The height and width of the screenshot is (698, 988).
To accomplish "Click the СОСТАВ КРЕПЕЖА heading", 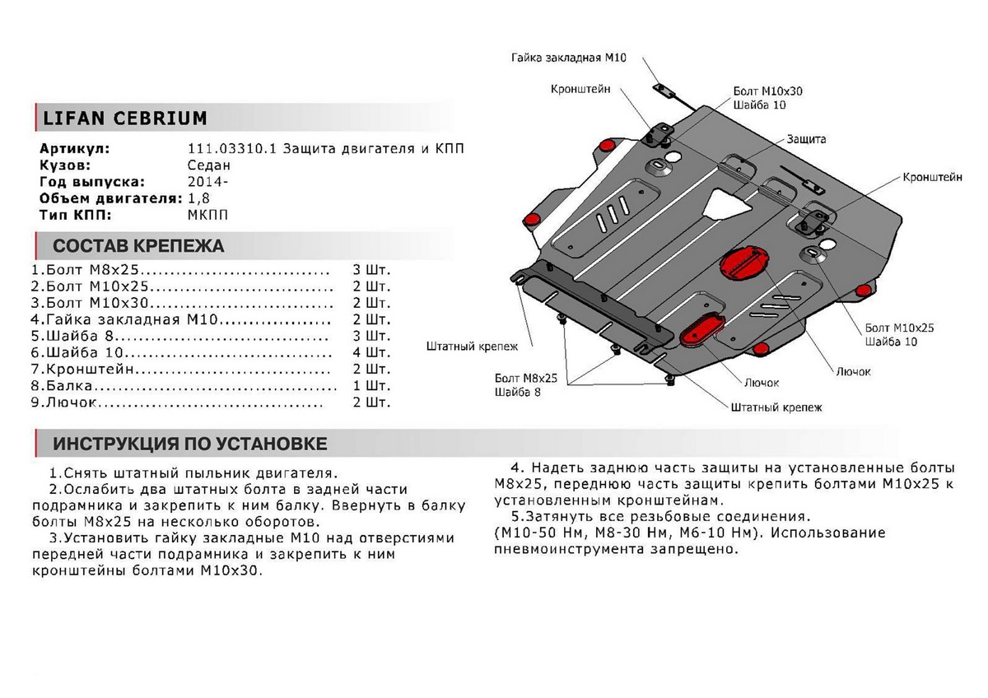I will (x=137, y=246).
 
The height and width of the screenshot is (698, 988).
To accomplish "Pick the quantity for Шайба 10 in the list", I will (x=370, y=353).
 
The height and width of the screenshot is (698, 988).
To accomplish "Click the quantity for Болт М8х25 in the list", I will (x=370, y=270).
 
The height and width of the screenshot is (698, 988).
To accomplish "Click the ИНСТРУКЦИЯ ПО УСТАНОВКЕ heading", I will (x=189, y=444).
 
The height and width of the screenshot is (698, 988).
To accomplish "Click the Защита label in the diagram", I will (x=805, y=139).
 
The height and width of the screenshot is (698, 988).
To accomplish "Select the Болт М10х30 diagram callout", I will (x=767, y=91).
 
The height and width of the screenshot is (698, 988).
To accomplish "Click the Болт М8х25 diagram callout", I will (x=526, y=378).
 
